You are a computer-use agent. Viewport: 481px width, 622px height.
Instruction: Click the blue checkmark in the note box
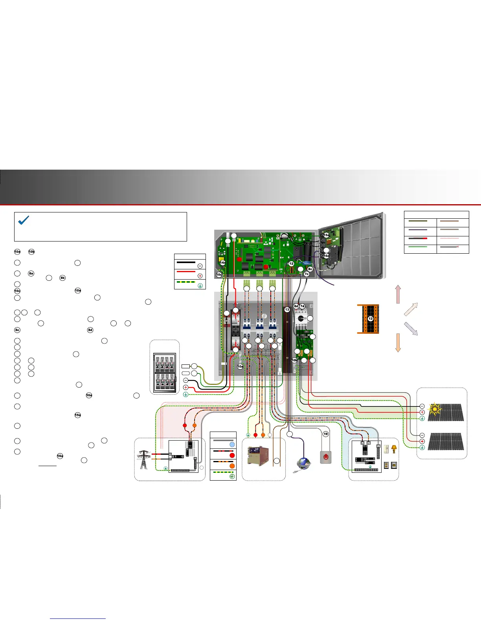tap(24, 220)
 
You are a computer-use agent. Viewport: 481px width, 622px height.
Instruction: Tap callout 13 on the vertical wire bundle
tap(287, 310)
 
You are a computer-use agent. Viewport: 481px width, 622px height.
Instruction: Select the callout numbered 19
tap(325, 434)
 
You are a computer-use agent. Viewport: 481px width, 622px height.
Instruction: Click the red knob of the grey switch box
tap(325, 457)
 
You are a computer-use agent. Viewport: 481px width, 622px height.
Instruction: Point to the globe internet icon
tap(304, 463)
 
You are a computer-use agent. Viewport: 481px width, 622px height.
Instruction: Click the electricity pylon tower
tap(143, 459)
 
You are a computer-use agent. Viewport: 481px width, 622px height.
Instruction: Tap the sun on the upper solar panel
tap(434, 410)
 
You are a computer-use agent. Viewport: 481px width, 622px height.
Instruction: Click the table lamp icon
tap(394, 448)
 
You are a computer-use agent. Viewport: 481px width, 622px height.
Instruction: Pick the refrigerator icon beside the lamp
tap(386, 449)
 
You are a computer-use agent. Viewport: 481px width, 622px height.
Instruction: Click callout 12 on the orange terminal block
tap(370, 319)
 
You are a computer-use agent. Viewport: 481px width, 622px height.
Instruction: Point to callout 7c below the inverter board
tap(307, 274)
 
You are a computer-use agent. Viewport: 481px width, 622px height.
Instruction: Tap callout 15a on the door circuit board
tap(326, 235)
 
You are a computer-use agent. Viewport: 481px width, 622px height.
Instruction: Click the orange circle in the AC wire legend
tap(232, 466)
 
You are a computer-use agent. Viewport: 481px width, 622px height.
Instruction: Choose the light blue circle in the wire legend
tap(232, 445)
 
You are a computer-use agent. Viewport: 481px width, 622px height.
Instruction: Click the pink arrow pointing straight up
tap(398, 294)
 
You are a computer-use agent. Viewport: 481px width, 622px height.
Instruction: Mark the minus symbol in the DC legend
tap(200, 266)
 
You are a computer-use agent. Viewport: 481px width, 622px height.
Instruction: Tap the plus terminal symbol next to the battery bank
tap(186, 388)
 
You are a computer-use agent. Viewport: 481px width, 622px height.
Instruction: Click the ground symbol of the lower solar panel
tap(422, 447)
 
